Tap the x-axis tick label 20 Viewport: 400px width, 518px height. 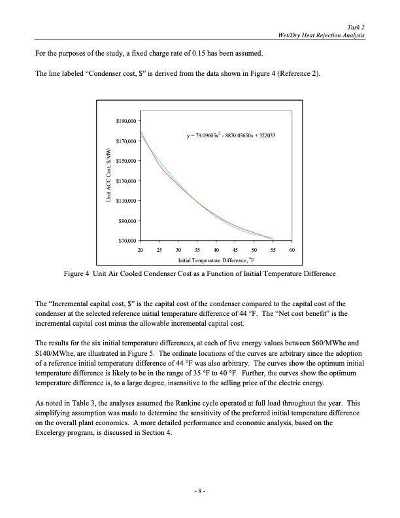[141, 250]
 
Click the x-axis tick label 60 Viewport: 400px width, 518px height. [292, 250]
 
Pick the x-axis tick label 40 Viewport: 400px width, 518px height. [216, 250]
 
